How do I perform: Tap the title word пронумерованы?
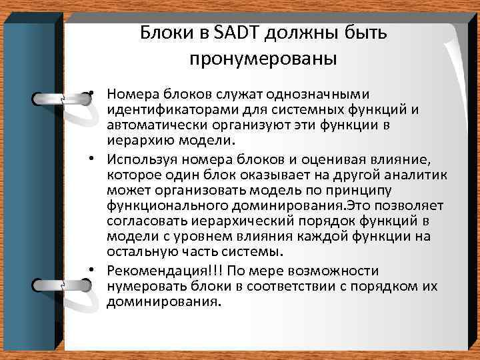click(x=263, y=59)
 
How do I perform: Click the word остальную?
click(x=139, y=251)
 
